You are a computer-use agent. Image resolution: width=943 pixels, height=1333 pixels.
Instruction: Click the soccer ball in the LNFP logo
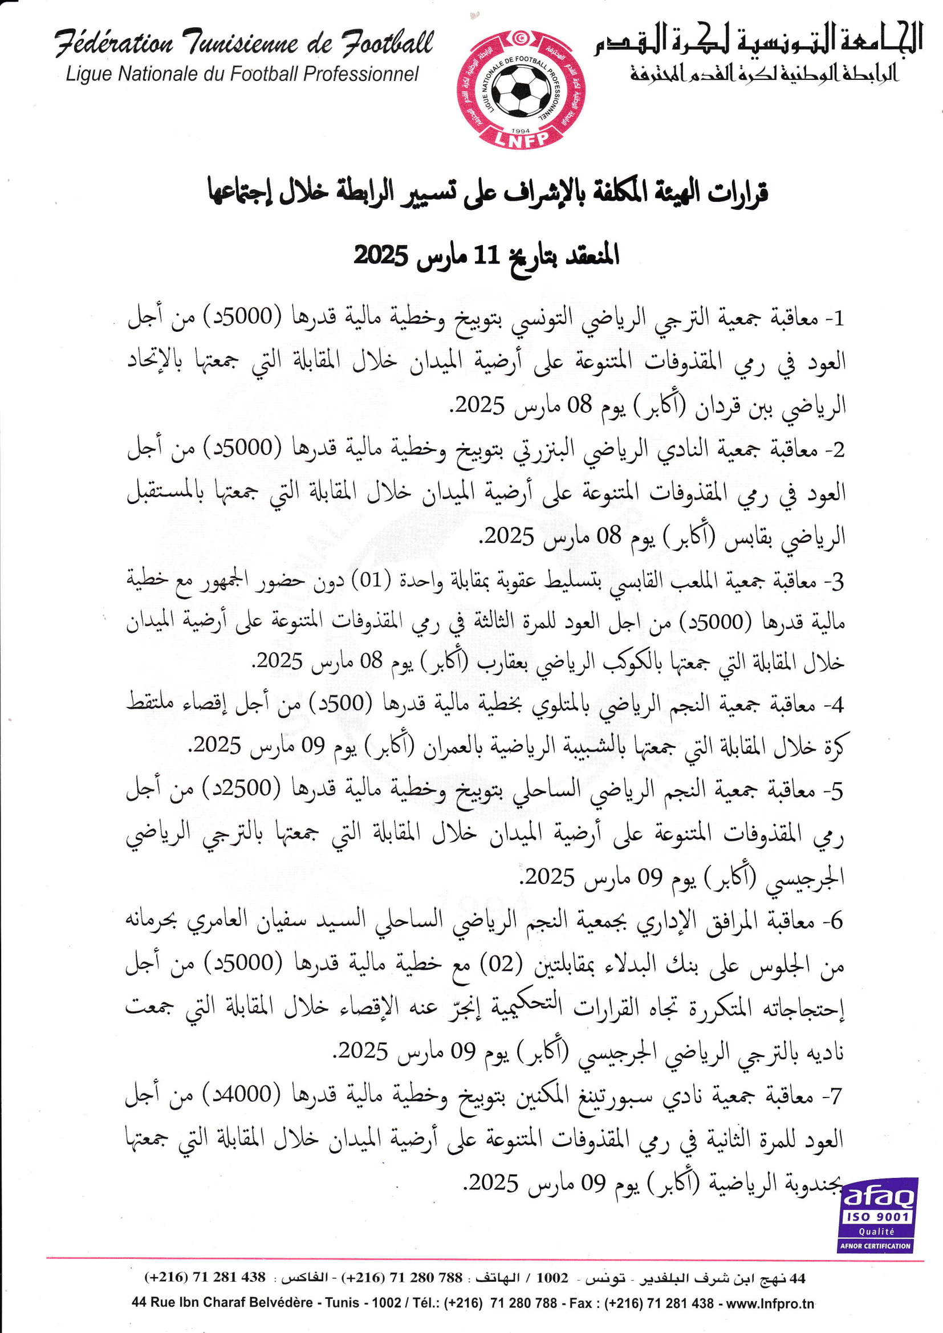(x=521, y=91)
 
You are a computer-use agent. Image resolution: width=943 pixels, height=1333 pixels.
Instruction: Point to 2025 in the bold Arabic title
(x=381, y=255)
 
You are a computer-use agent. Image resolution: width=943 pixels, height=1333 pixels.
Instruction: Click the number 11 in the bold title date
(x=486, y=255)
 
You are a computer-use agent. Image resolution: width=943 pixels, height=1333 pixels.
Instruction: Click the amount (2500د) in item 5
(x=242, y=789)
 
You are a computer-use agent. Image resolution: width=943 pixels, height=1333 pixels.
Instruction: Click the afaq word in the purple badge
(x=877, y=1196)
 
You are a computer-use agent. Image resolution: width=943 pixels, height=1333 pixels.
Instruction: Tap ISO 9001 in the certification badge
(x=877, y=1216)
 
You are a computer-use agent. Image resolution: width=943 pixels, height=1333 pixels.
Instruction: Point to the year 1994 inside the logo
(x=521, y=131)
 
